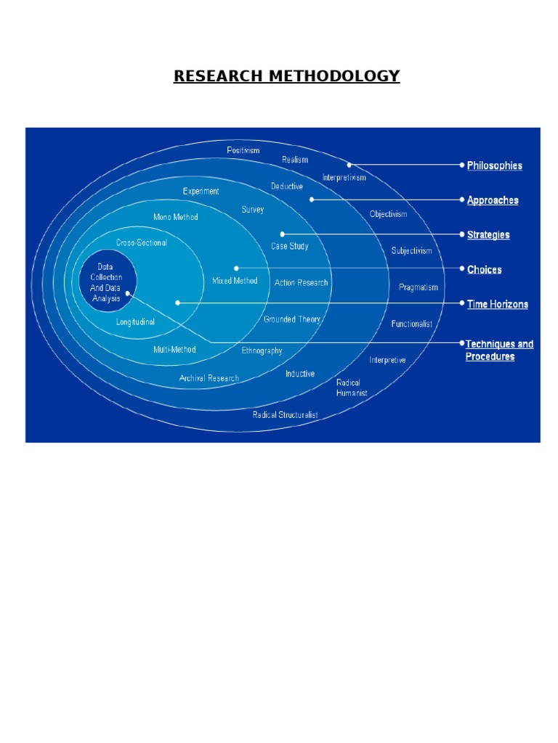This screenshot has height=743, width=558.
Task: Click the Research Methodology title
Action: tap(286, 76)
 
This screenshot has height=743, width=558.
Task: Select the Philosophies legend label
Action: tap(494, 165)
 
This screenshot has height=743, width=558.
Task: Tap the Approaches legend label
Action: tap(493, 200)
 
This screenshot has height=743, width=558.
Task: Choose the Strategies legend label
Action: tap(488, 235)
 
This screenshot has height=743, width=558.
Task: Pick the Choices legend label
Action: tap(484, 270)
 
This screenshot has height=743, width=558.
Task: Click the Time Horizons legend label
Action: tap(497, 304)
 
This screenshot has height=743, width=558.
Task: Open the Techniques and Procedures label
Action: tap(499, 350)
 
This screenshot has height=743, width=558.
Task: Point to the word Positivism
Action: tap(243, 150)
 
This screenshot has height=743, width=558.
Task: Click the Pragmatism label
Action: tap(418, 287)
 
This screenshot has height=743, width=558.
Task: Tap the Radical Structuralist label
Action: tap(285, 415)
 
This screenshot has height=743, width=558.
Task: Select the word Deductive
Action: tap(287, 186)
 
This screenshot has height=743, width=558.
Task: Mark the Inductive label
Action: tap(300, 374)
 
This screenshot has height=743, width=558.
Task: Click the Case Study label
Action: tap(290, 246)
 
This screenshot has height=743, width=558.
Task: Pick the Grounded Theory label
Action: tap(292, 319)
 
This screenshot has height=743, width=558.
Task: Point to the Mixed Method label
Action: tap(235, 281)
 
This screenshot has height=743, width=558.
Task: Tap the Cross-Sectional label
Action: tap(141, 242)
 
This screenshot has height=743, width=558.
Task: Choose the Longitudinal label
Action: tap(135, 321)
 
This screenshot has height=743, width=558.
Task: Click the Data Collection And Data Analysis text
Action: tap(106, 282)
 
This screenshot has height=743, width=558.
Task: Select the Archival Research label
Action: tap(209, 378)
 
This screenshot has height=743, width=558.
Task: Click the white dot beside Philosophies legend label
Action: tap(462, 165)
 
